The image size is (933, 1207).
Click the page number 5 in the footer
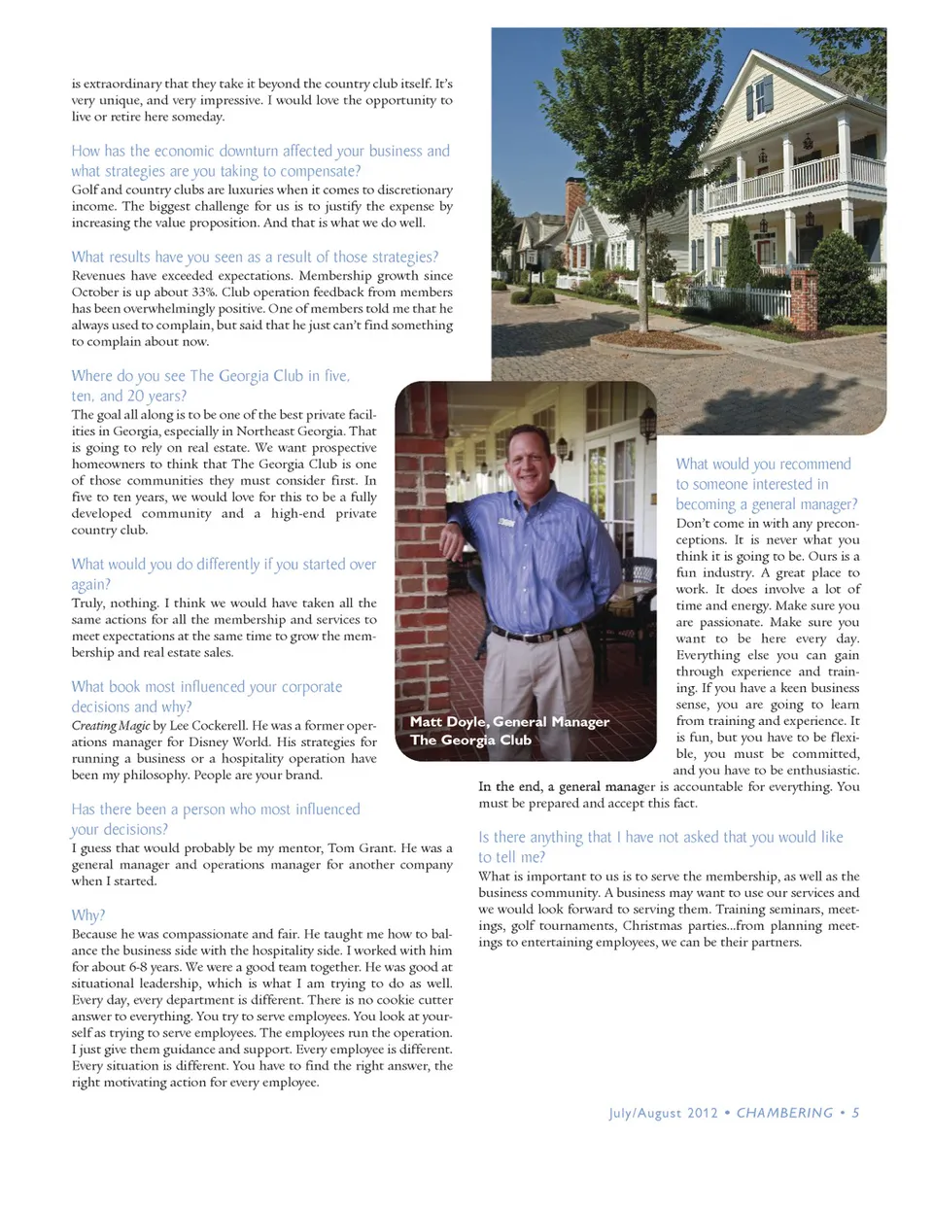pos(855,1113)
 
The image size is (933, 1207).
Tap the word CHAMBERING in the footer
pos(784,1113)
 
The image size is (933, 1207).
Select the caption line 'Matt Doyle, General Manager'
pos(509,721)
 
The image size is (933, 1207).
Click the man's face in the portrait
pos(531,464)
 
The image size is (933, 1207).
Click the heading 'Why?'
pos(87,915)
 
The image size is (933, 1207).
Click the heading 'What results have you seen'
pos(255,257)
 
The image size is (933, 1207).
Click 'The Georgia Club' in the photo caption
pos(470,740)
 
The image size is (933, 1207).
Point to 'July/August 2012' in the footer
pos(663,1113)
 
